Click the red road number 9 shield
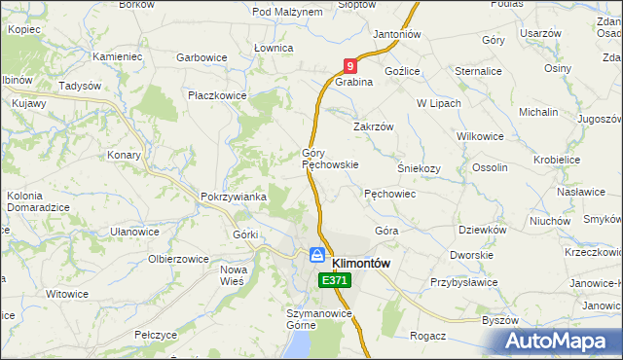click(349, 65)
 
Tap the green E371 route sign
click(334, 280)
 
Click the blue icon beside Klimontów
click(317, 255)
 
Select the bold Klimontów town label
click(361, 263)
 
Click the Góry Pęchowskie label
click(330, 159)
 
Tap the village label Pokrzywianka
click(233, 197)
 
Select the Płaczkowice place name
click(217, 95)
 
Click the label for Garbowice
click(202, 57)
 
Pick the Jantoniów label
click(396, 34)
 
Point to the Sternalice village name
click(480, 71)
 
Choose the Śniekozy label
click(419, 167)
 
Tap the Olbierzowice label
click(178, 260)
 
